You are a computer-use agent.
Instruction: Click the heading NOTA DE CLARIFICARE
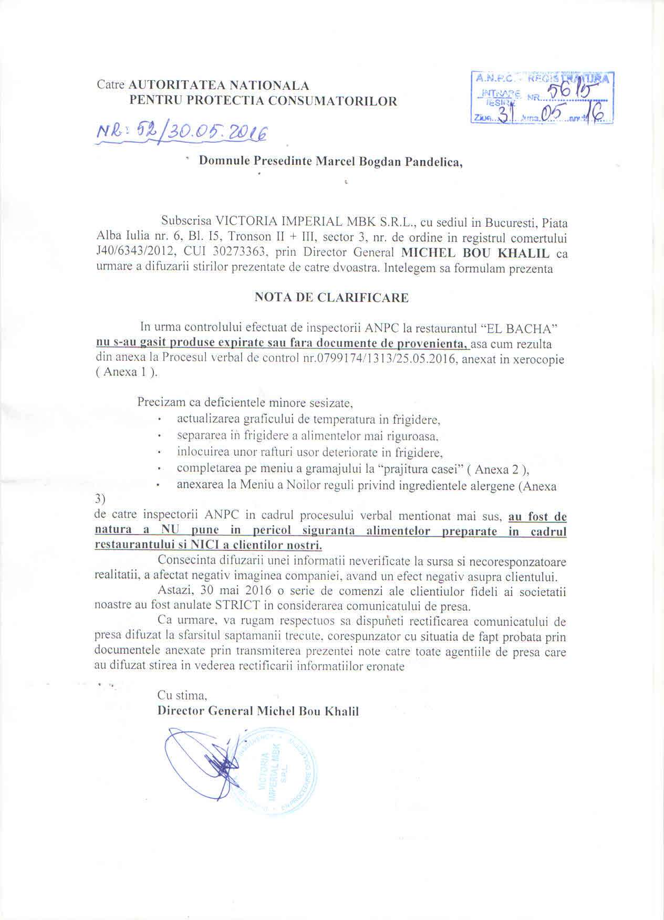click(x=331, y=298)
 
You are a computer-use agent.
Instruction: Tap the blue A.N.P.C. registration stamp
click(x=542, y=98)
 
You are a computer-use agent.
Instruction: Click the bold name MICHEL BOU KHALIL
click(x=475, y=254)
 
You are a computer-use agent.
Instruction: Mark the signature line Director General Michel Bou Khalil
click(x=258, y=712)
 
